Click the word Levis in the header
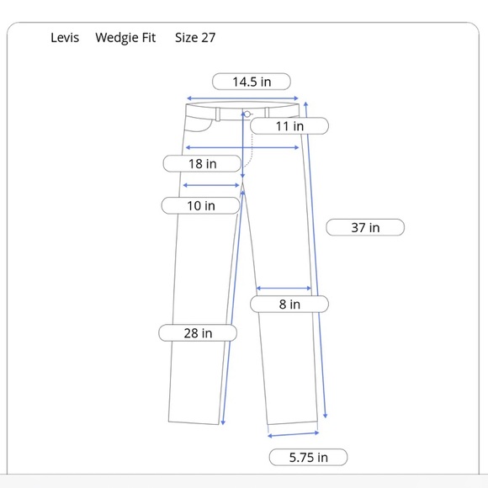[x=65, y=38]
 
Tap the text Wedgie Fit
[x=125, y=38]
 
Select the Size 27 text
[x=195, y=38]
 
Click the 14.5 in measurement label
[x=252, y=82]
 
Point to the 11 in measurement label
[x=289, y=126]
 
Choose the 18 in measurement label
[x=202, y=164]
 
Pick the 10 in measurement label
[x=200, y=205]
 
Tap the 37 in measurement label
[x=365, y=227]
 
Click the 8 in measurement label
[x=289, y=305]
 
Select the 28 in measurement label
[x=198, y=333]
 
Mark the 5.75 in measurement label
[x=308, y=458]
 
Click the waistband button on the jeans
[x=247, y=114]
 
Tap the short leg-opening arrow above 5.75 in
[x=293, y=434]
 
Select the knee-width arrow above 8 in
[x=284, y=289]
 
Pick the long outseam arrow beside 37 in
[x=316, y=261]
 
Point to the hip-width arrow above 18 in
[x=242, y=148]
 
